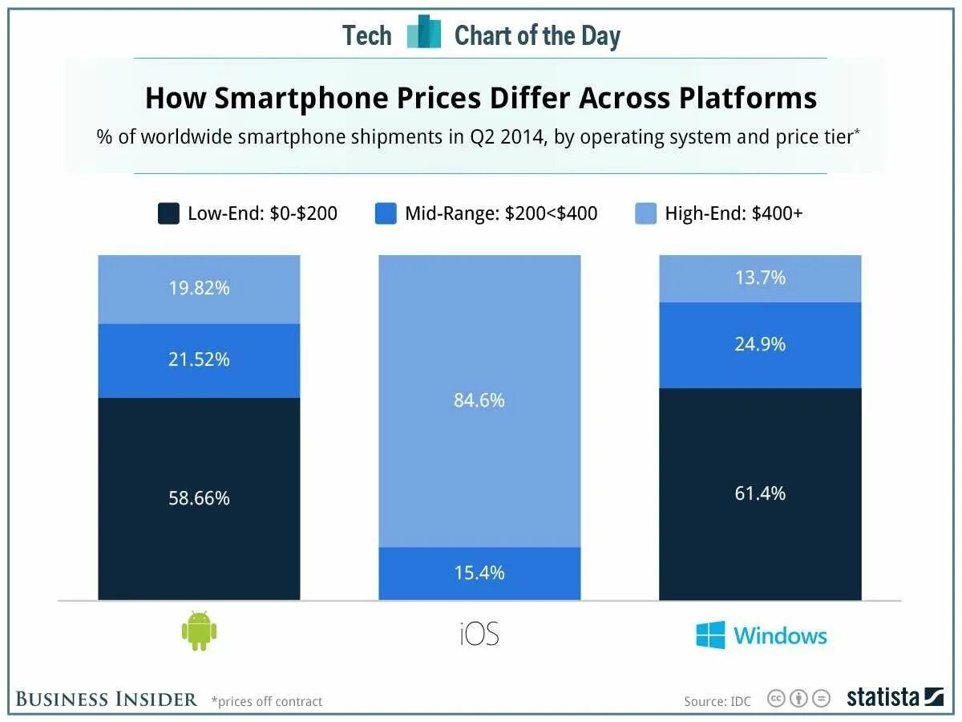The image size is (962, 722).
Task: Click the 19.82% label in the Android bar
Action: click(x=199, y=288)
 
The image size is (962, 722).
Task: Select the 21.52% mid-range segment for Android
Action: click(x=199, y=359)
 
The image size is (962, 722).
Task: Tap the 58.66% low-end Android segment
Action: click(x=199, y=498)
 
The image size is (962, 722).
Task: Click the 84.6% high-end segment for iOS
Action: click(x=479, y=400)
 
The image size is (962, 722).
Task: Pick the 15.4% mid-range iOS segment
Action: click(x=479, y=573)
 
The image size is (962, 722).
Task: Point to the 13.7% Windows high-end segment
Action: click(x=760, y=278)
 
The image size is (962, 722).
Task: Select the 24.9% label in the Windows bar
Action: click(x=760, y=344)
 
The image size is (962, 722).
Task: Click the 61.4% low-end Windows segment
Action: click(x=760, y=493)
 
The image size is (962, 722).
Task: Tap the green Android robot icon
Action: click(x=200, y=631)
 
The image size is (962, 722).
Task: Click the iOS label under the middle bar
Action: click(x=479, y=635)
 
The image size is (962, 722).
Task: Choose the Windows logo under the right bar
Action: click(x=761, y=635)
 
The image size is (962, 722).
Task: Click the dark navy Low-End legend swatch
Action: click(x=168, y=213)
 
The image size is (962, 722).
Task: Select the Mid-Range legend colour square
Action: click(x=386, y=213)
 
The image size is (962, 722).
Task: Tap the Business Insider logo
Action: click(x=106, y=699)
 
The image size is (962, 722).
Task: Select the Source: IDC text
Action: click(x=717, y=701)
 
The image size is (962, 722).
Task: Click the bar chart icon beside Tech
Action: click(x=424, y=33)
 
